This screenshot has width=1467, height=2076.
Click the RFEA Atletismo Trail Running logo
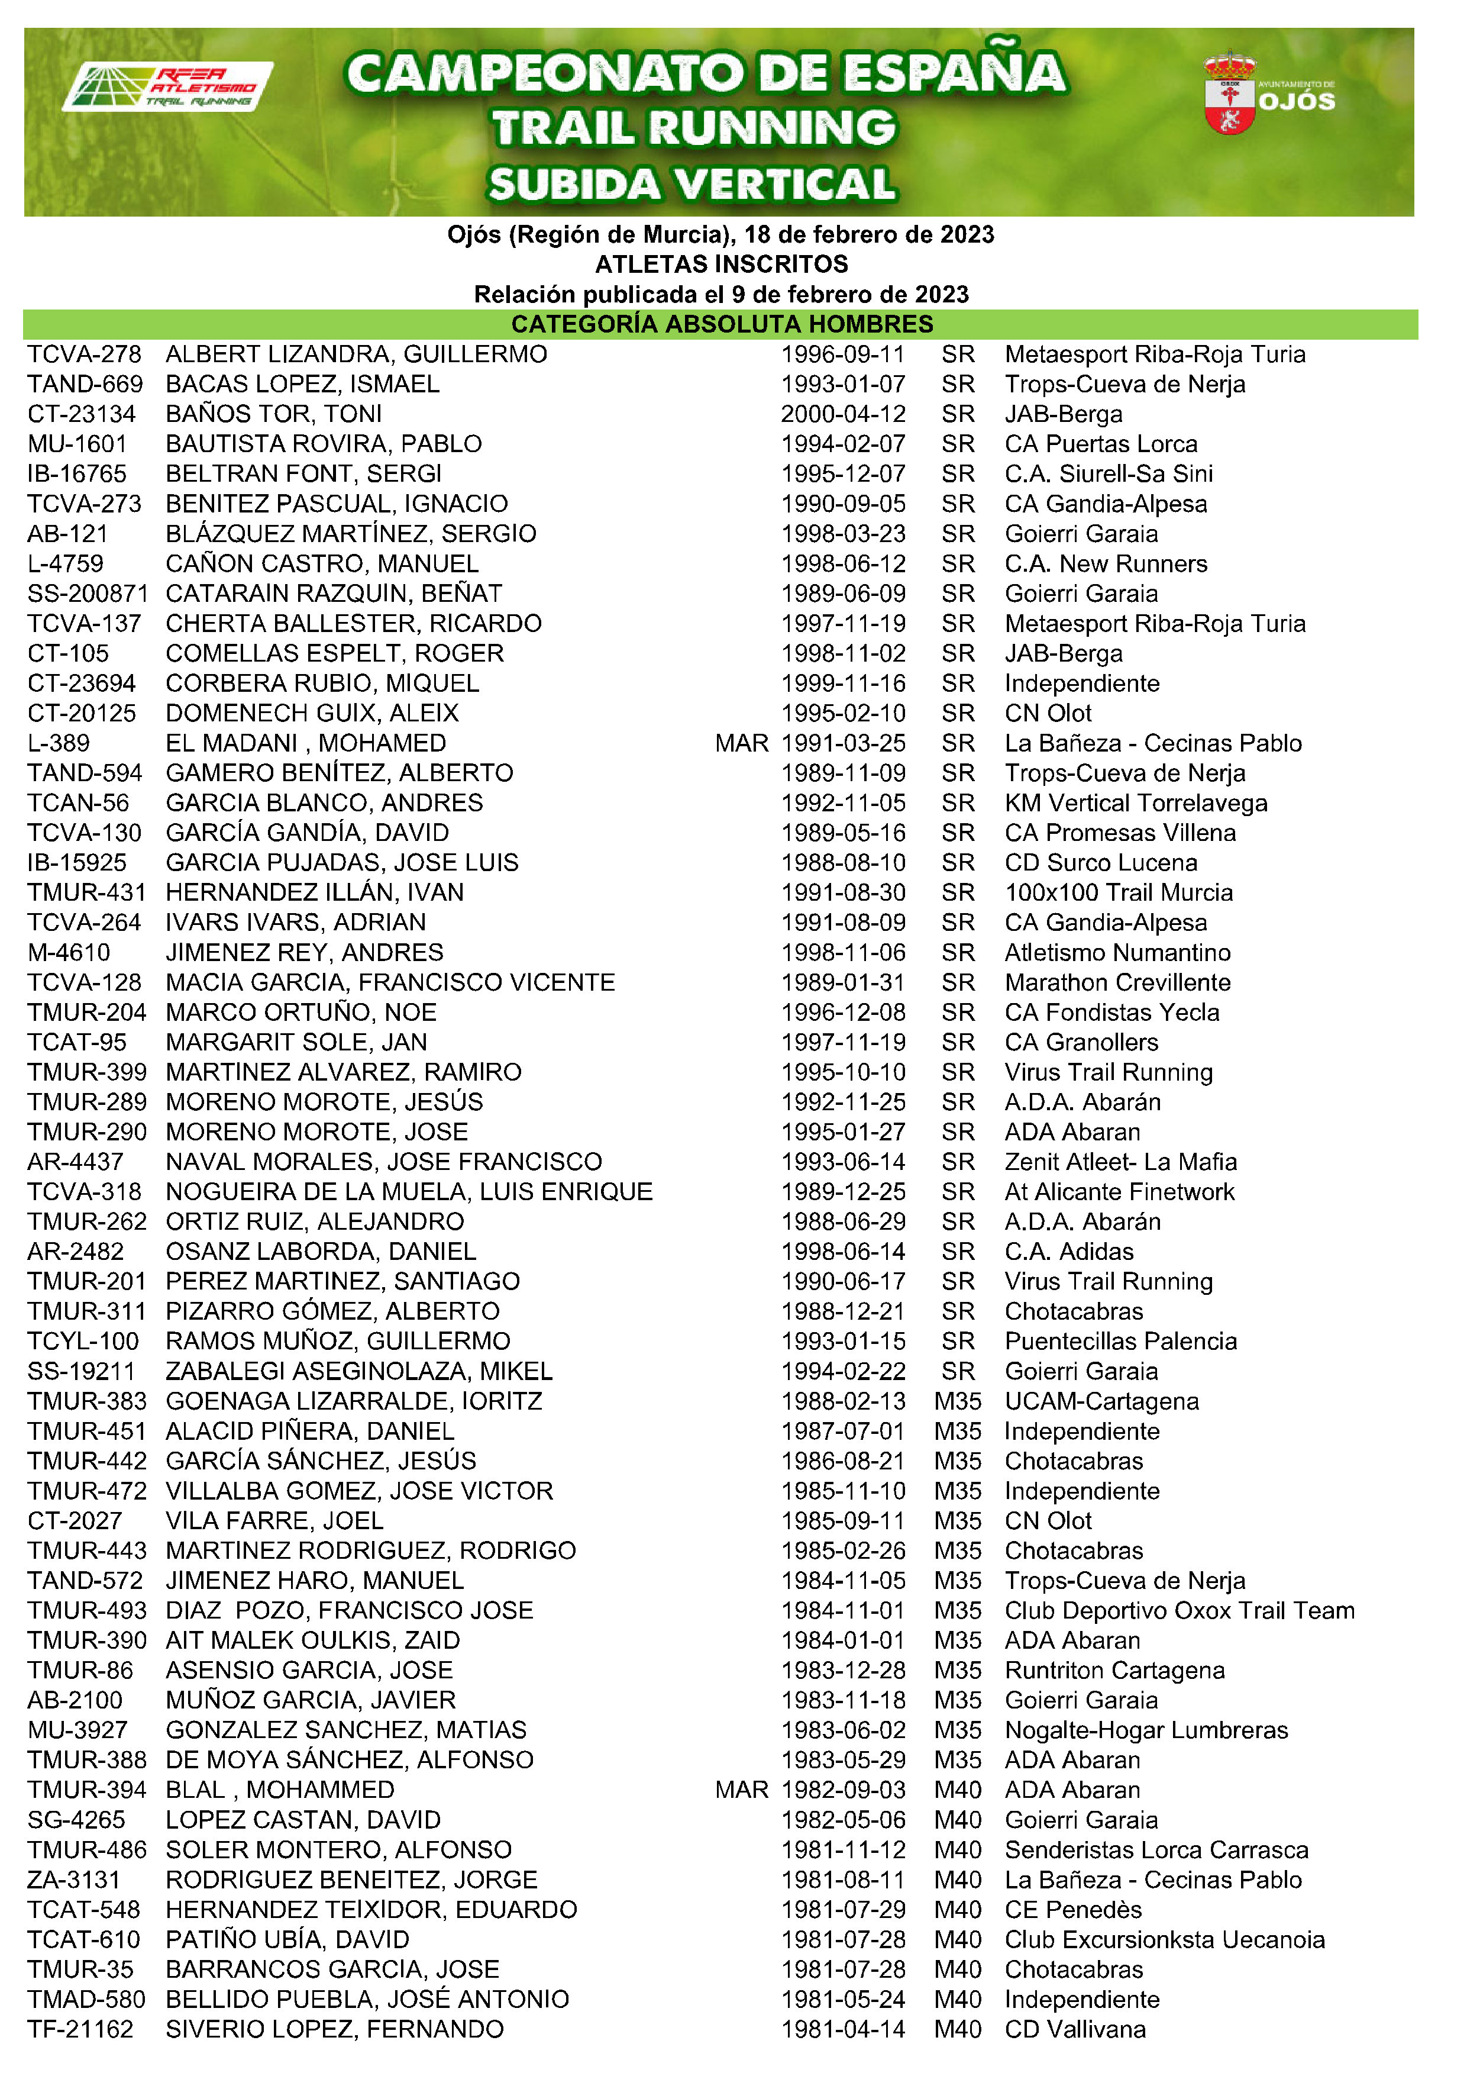coord(167,87)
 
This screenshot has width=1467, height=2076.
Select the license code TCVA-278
coord(84,354)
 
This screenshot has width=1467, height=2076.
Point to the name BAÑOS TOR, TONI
coord(274,414)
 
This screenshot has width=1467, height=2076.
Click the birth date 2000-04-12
coord(842,414)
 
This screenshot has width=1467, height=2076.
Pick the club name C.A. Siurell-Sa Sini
coord(1108,474)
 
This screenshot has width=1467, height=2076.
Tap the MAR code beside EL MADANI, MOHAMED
coord(741,743)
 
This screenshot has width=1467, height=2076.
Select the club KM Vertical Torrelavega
coord(1135,803)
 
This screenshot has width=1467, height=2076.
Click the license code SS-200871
coord(88,594)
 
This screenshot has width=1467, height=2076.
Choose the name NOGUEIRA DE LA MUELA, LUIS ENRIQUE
coord(409,1192)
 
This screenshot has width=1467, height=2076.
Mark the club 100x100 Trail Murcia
coord(1118,892)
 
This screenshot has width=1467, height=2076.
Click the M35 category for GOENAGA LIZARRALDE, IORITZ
coord(957,1401)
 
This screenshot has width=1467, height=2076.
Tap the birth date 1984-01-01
coord(842,1640)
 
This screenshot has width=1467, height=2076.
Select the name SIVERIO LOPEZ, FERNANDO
coord(334,2029)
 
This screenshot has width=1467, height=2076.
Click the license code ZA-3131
coord(73,1880)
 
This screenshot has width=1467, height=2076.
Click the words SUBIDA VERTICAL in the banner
coord(692,185)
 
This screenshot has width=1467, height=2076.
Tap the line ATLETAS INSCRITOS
coord(721,264)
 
